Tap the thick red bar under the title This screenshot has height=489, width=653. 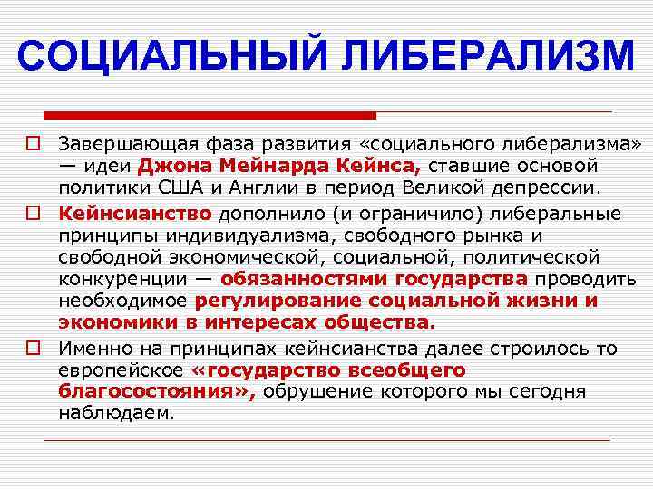[209, 115]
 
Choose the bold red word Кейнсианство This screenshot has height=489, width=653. [135, 213]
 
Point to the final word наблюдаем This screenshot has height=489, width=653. [112, 414]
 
